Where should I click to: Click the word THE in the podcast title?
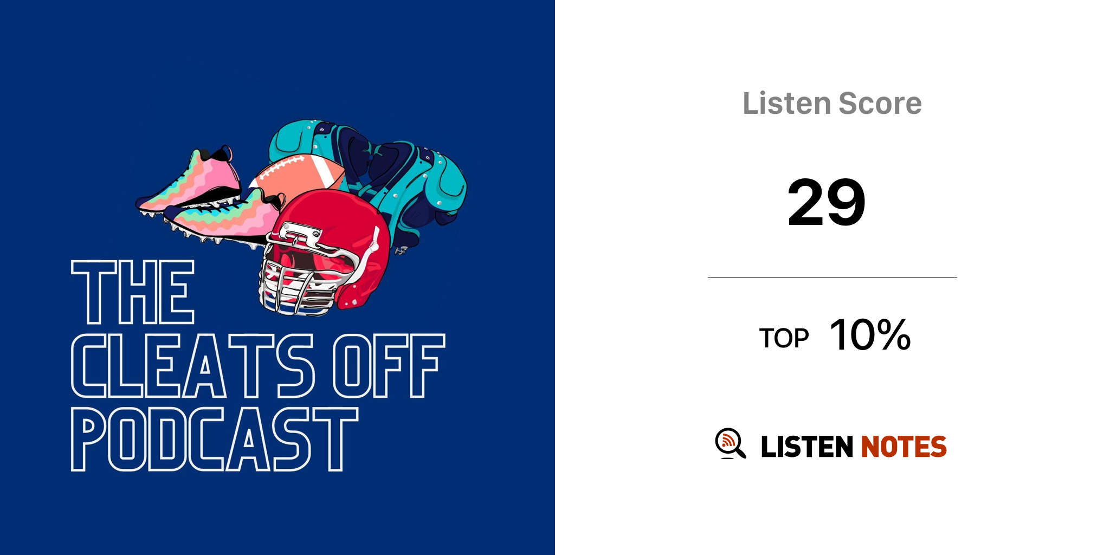[x=133, y=292]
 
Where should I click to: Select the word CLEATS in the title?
[x=193, y=366]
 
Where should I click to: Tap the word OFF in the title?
[x=389, y=366]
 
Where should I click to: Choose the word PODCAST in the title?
[x=215, y=440]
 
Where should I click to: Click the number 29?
[x=827, y=203]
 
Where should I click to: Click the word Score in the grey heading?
[x=880, y=103]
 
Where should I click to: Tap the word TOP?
[x=784, y=338]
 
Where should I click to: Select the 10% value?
[x=870, y=335]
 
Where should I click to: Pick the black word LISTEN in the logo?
[x=807, y=447]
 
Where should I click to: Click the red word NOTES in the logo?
[x=904, y=447]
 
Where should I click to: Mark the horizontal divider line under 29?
[x=832, y=277]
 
